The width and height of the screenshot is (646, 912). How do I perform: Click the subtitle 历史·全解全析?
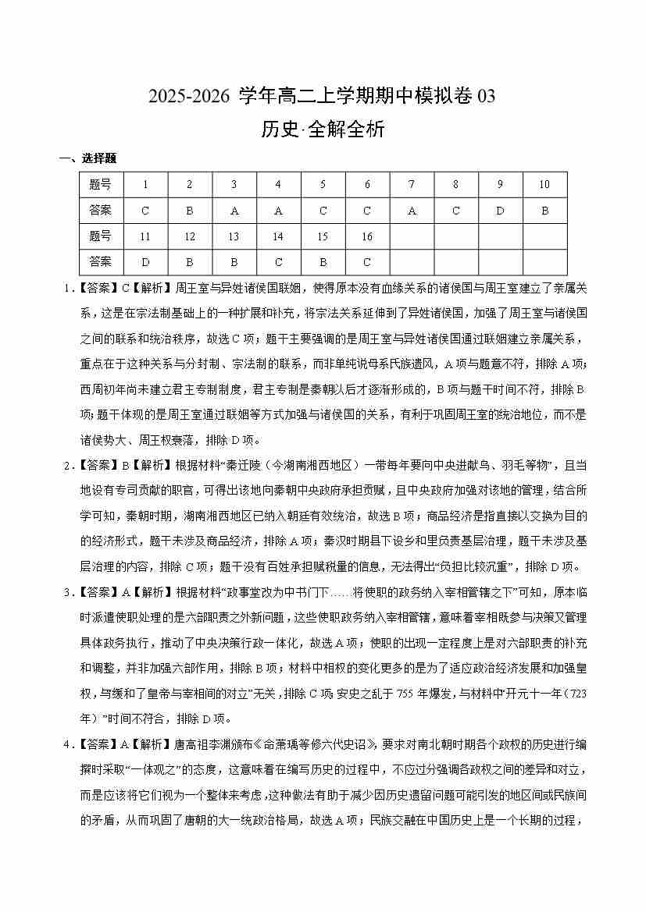coord(322,130)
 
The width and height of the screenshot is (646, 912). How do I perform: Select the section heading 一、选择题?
coord(87,158)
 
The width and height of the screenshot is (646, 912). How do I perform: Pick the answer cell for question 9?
coord(500,211)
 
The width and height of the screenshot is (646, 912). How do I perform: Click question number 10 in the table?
coord(544,185)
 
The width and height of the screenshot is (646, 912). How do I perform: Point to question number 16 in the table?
coord(367,236)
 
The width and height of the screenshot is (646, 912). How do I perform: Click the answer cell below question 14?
coord(278,262)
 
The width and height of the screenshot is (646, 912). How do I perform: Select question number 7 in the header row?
coord(412,185)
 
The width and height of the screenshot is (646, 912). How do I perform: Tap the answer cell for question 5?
coord(323,211)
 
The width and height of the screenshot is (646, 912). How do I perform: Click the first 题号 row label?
coord(101,185)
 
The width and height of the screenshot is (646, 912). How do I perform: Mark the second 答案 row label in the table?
coord(101,262)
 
